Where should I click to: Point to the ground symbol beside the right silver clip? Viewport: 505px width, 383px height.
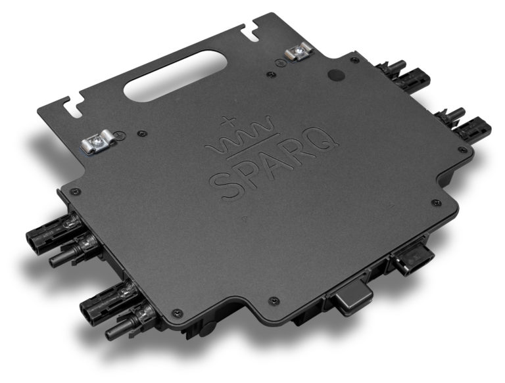pyautogui.click(x=279, y=64)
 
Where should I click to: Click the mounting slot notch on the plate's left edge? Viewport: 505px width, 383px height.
pyautogui.click(x=70, y=104)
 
